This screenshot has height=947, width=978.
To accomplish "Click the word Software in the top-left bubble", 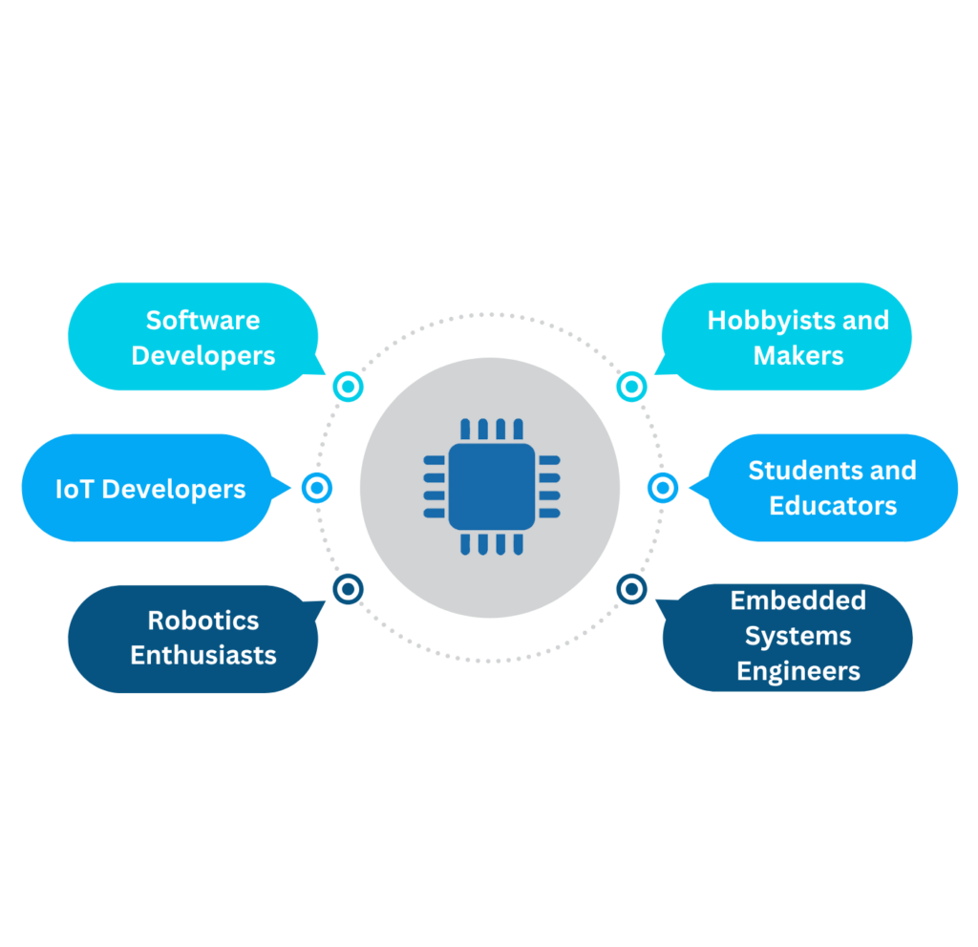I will pos(202,320).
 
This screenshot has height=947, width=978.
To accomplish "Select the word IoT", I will pos(74,490).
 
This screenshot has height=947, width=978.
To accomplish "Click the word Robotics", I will pos(202,621).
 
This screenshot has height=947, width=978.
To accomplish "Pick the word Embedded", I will pos(797,600).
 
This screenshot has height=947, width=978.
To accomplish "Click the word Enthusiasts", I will pos(202,656).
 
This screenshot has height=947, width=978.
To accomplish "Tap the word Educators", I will pos(833,506).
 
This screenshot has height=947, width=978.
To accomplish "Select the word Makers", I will pos(797,356).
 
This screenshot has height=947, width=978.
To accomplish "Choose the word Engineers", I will pos(797,671).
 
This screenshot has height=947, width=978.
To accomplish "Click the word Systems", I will pos(797,636).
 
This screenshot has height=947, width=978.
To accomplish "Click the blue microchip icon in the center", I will pos(491,487).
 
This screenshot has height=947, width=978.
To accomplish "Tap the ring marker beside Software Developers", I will pos(348,387).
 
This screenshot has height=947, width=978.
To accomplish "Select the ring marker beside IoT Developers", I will pos(316,488).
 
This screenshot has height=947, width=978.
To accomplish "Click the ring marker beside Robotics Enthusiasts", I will pos(348,588).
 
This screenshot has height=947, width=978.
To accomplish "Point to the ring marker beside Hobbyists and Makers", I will pos(631,387).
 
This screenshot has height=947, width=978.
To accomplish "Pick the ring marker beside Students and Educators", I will pos(662,488).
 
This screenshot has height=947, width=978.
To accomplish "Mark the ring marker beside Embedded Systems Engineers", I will pos(631,588).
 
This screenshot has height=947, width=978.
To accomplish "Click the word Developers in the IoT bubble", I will pos(173,490).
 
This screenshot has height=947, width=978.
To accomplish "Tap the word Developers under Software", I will pos(202,356).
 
